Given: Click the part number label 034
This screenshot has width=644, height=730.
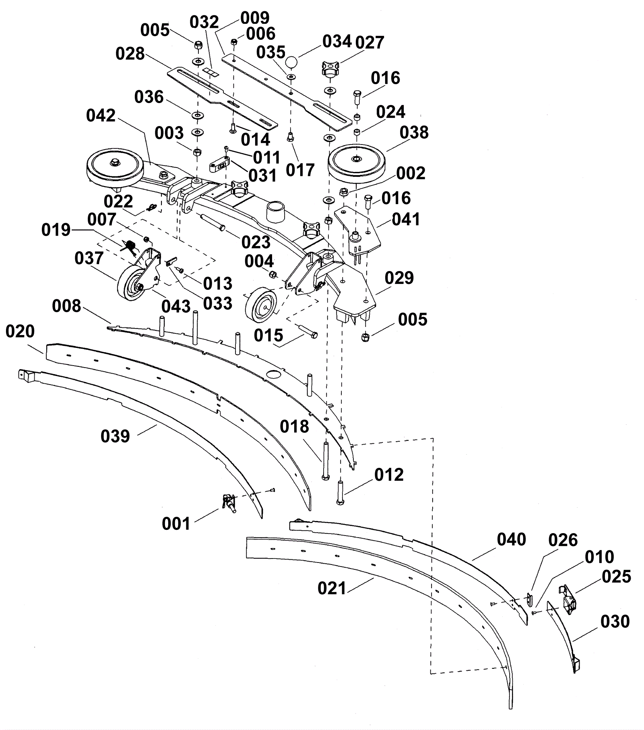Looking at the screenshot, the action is [x=337, y=41].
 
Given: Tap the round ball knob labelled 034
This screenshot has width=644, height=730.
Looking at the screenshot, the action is [x=292, y=63].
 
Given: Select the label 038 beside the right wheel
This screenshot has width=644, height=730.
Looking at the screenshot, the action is [x=414, y=132].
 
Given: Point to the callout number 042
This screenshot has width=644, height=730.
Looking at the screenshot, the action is [x=101, y=116].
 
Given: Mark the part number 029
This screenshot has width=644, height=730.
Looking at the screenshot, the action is [x=399, y=278].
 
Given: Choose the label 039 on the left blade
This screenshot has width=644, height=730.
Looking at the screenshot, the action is [x=115, y=436].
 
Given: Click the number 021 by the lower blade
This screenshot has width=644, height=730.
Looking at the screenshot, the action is [x=332, y=588].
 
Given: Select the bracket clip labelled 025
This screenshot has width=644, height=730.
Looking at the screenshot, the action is [x=568, y=600].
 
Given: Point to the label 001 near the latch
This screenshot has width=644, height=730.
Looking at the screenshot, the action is [x=176, y=523].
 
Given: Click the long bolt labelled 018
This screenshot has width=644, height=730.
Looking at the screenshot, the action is [x=325, y=461].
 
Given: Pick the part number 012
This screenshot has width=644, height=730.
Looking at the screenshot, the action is [x=389, y=475].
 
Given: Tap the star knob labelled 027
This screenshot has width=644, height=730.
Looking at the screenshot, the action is [x=330, y=69].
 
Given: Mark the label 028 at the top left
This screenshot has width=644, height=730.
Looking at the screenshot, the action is [x=130, y=53].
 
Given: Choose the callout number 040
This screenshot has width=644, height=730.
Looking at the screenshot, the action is [x=511, y=539].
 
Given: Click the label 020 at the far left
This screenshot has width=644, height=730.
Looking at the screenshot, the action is [x=20, y=331].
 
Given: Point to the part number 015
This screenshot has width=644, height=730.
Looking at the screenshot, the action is [x=268, y=335].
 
